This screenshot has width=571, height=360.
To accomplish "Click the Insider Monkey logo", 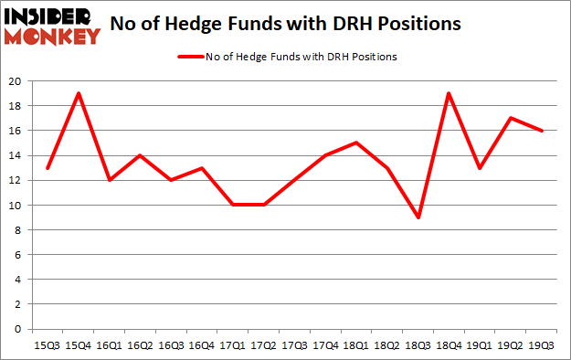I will tap(52, 25).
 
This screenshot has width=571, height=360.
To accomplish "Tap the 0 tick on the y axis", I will tap(18, 329).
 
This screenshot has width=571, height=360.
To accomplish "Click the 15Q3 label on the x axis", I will tap(48, 345).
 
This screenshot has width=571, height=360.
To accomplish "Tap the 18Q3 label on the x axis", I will tap(418, 345).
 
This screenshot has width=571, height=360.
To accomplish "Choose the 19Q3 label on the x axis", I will tap(541, 345).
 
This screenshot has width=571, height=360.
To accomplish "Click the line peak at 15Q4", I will tap(79, 93).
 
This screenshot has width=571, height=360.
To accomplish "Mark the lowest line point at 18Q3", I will tap(418, 217).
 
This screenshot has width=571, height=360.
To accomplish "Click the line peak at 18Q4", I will tap(449, 93).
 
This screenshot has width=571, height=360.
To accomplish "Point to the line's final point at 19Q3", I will tap(541, 131).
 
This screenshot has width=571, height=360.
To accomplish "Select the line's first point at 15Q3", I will tap(48, 168).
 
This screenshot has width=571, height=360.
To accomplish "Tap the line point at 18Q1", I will tap(355, 143).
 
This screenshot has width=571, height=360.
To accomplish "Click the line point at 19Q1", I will tap(480, 168).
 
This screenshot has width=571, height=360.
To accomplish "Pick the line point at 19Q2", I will tap(510, 119).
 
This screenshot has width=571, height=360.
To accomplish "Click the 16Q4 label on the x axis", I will tap(202, 345).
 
